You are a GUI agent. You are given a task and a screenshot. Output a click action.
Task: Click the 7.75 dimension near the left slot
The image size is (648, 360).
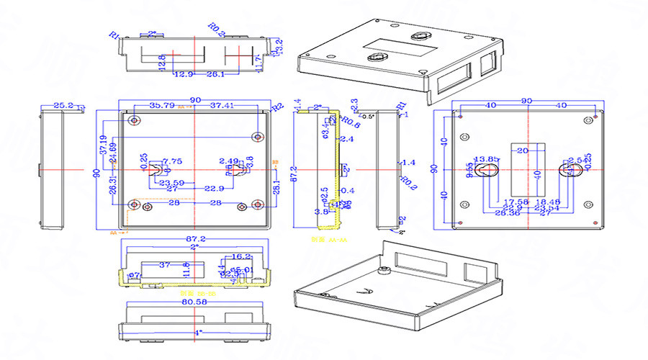coord(172,161)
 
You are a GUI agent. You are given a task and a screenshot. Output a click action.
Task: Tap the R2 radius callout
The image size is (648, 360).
coord(276,107)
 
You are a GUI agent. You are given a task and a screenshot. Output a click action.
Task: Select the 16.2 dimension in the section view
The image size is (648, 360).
coord(240,256)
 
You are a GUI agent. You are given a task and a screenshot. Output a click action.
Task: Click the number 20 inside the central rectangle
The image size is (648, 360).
coord(523,150)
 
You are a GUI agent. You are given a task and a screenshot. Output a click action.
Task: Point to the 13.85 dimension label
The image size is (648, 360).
coord(484,159)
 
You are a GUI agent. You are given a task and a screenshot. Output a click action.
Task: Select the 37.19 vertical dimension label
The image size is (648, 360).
coord(104,146)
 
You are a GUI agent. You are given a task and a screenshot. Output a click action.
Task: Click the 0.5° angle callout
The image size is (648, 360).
coord(368,117)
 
